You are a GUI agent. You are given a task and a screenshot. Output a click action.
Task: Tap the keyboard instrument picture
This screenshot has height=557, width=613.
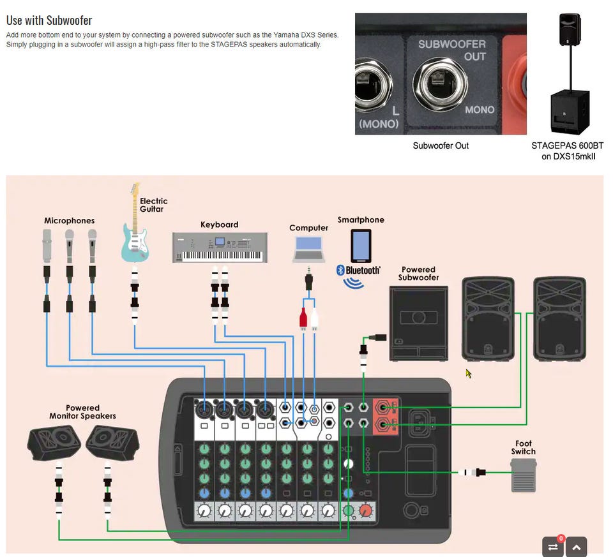217,248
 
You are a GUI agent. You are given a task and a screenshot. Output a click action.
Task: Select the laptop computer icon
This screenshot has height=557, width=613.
308,249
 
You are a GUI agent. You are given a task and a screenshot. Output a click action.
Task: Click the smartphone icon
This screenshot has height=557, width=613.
361,246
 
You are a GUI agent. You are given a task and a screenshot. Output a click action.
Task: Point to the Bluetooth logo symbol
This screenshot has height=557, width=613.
340,270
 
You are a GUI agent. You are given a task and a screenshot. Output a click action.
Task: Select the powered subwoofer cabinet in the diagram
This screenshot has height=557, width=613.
418,323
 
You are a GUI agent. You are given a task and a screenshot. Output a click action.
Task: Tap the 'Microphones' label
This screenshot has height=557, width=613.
69,221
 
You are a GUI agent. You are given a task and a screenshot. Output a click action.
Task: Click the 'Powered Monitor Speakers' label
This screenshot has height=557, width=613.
82,412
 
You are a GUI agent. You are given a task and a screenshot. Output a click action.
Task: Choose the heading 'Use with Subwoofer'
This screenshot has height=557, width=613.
49,20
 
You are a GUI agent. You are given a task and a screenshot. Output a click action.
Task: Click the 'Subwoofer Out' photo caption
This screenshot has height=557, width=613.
441,145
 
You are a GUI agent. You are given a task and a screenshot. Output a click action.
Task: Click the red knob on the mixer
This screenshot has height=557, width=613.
366,510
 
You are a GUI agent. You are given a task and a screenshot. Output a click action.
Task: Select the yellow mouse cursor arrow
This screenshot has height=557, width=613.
468,373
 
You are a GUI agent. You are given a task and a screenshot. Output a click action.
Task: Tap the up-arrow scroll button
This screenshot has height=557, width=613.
576,547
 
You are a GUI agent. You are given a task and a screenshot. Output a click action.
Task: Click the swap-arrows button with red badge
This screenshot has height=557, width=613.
553,547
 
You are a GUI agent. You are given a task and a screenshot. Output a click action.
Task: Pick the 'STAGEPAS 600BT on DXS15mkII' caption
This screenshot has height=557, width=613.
568,151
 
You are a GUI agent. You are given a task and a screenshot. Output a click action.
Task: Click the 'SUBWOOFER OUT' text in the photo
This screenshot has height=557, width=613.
451,50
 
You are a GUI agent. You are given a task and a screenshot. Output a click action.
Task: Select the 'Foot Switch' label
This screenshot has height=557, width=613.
523,447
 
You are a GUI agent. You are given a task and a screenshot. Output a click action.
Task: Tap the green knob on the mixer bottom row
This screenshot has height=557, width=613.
349,510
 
